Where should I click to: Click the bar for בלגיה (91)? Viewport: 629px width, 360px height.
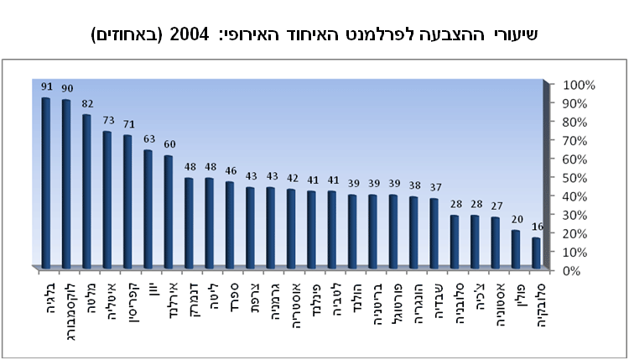pyautogui.click(x=46, y=183)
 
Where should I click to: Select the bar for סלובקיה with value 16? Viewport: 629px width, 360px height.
pyautogui.click(x=536, y=253)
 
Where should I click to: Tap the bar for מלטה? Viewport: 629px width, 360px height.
pyautogui.click(x=86, y=191)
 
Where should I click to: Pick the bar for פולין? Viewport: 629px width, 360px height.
pyautogui.click(x=516, y=249)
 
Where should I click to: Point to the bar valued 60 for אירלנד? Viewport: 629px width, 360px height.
pyautogui.click(x=168, y=211)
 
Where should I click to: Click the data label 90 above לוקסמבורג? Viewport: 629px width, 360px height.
pyautogui.click(x=66, y=88)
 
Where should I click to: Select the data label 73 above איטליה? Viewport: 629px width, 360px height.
pyautogui.click(x=107, y=120)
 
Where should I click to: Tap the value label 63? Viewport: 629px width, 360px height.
pyautogui.click(x=148, y=138)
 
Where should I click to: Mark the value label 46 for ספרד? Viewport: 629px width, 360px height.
pyautogui.click(x=228, y=170)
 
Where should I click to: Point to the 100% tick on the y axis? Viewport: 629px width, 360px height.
pyautogui.click(x=579, y=85)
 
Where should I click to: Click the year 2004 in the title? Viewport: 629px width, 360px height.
pyautogui.click(x=190, y=35)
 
